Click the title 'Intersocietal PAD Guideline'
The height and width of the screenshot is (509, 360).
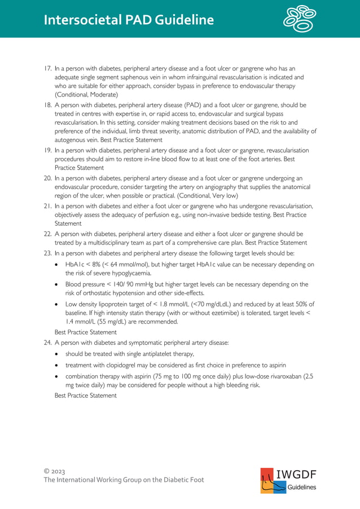pyautogui.click(x=129, y=20)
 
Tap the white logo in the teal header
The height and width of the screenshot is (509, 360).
pyautogui.click(x=300, y=19)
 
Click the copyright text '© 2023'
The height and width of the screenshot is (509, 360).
pyautogui.click(x=55, y=470)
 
